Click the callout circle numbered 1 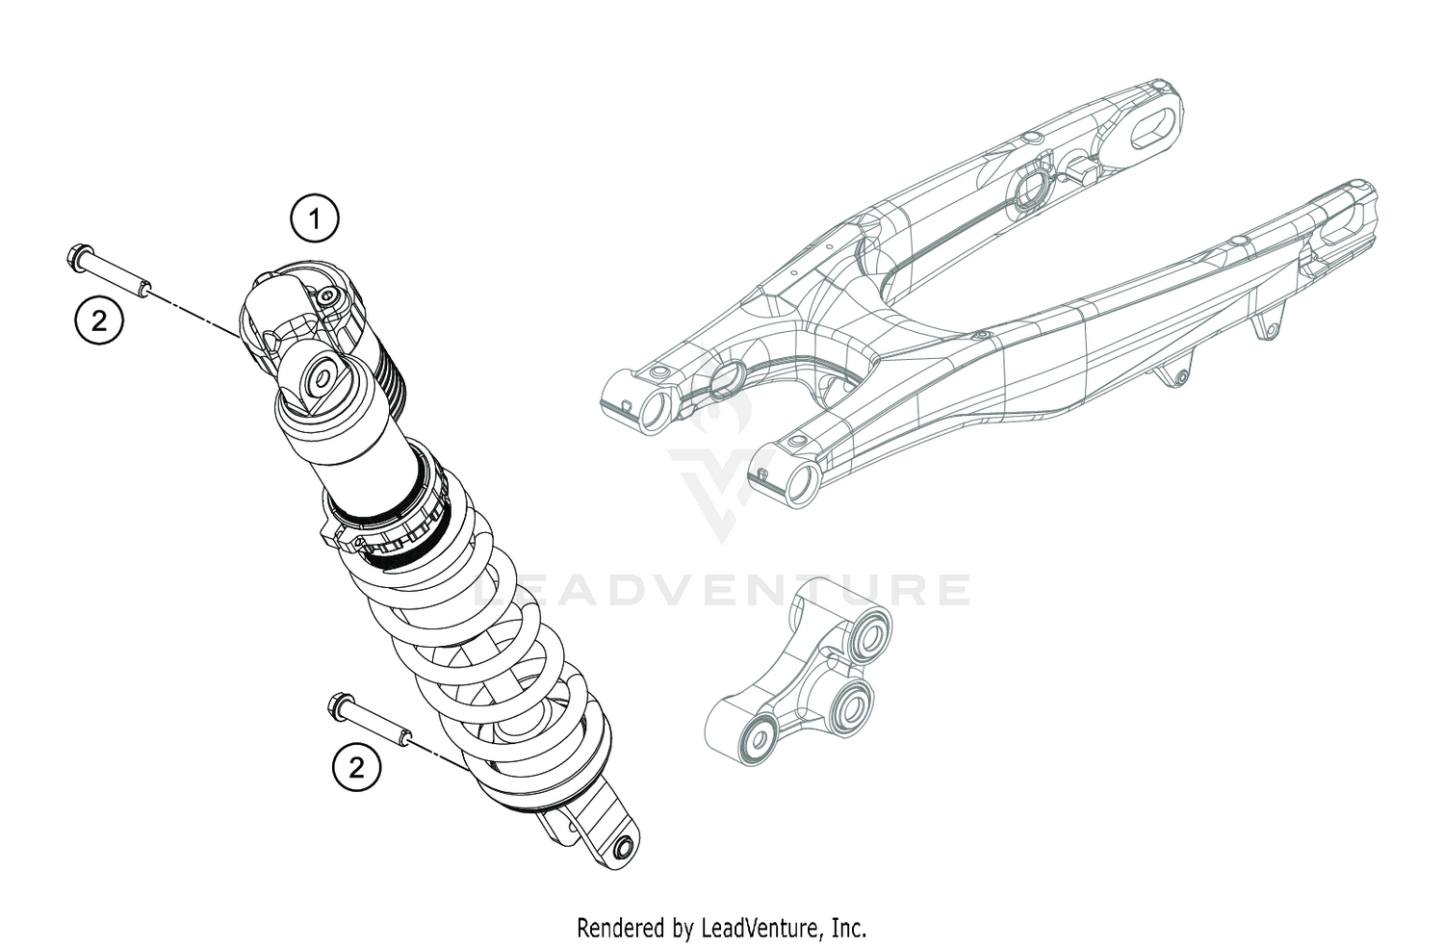[x=315, y=220]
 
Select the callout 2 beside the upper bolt [x=99, y=320]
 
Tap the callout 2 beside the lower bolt [x=356, y=767]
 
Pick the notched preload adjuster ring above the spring [x=395, y=529]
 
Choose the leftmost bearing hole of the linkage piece [x=760, y=738]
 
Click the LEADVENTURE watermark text [x=722, y=590]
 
